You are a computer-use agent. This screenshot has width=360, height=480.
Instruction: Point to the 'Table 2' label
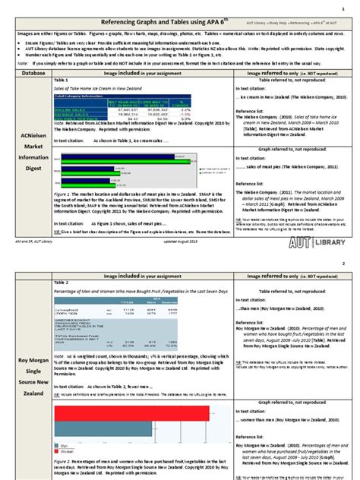[62, 281]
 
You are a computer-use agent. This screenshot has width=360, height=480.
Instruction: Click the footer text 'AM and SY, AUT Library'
[30, 239]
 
